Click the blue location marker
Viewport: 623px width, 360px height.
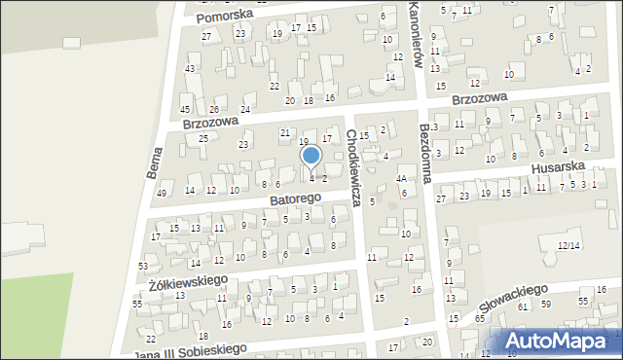(x=311, y=156)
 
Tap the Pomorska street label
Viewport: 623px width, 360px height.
(x=224, y=16)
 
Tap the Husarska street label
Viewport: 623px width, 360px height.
(x=557, y=167)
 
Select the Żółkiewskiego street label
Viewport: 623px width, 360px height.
(x=188, y=281)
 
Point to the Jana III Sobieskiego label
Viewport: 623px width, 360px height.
(x=189, y=349)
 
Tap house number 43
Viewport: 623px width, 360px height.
(x=190, y=68)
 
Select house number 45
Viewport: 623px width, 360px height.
(x=185, y=109)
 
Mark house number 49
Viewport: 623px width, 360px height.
(x=162, y=194)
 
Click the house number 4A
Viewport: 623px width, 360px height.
(x=401, y=179)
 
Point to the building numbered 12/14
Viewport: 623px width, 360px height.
(x=569, y=246)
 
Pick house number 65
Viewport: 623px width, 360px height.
(x=480, y=319)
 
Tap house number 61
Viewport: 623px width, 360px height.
(x=523, y=306)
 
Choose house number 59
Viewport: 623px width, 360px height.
(x=546, y=305)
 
